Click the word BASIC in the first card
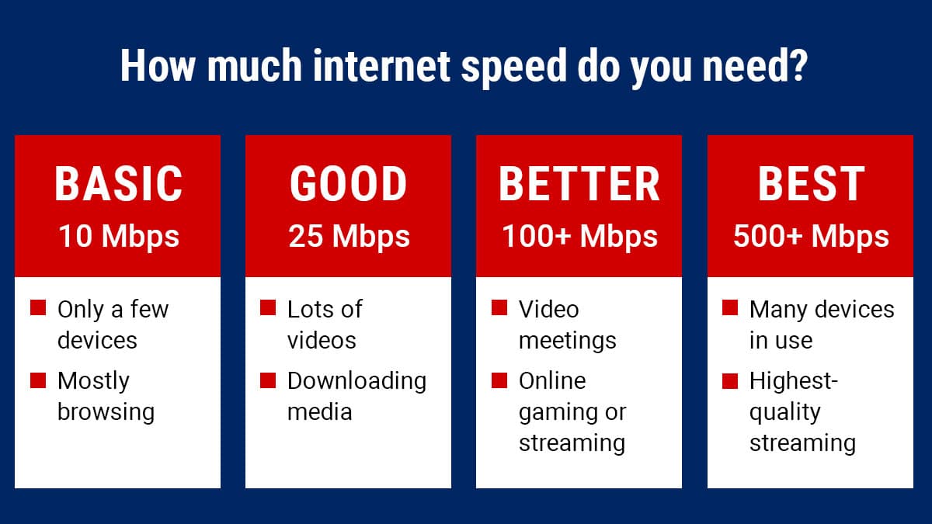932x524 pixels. pos(119,183)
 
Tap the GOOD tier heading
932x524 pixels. pos(348,183)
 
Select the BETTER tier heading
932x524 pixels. pos(579,183)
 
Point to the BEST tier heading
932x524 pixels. pos(812,183)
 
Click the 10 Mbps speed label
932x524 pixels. pos(119,237)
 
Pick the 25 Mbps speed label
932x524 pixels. pos(349,237)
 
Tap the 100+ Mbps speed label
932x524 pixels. pos(579,237)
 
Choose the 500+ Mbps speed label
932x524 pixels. pos(811,237)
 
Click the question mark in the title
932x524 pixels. pos(798,65)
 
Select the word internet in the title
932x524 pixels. pos(381,65)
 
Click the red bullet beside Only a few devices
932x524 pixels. pos(38,307)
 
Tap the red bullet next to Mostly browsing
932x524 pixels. pos(38,380)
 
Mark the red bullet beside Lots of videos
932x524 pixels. pos(268,307)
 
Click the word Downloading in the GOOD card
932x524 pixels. pos(356,382)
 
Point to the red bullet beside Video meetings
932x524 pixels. pos(499,307)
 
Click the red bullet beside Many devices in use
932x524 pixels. pos(730,307)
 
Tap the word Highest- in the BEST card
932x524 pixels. pos(794,380)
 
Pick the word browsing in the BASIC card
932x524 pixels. pos(106,412)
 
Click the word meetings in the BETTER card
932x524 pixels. pos(567,342)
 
